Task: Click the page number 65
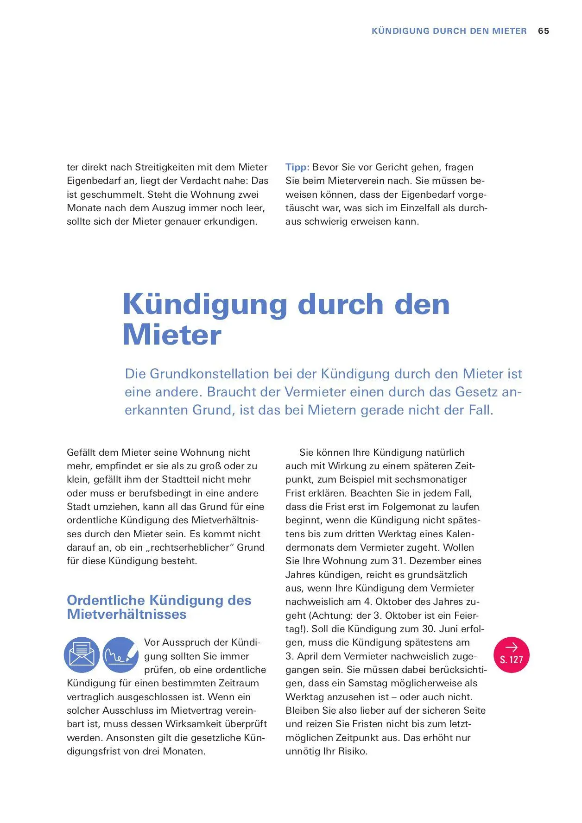click(x=544, y=31)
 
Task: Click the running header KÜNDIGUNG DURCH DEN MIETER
click(x=449, y=31)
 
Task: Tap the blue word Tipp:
click(x=297, y=167)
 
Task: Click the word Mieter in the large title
click(x=172, y=334)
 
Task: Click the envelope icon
click(x=82, y=655)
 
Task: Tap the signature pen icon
click(x=120, y=655)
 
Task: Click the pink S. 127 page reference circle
click(x=511, y=654)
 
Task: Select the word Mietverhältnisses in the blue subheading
click(x=127, y=614)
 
